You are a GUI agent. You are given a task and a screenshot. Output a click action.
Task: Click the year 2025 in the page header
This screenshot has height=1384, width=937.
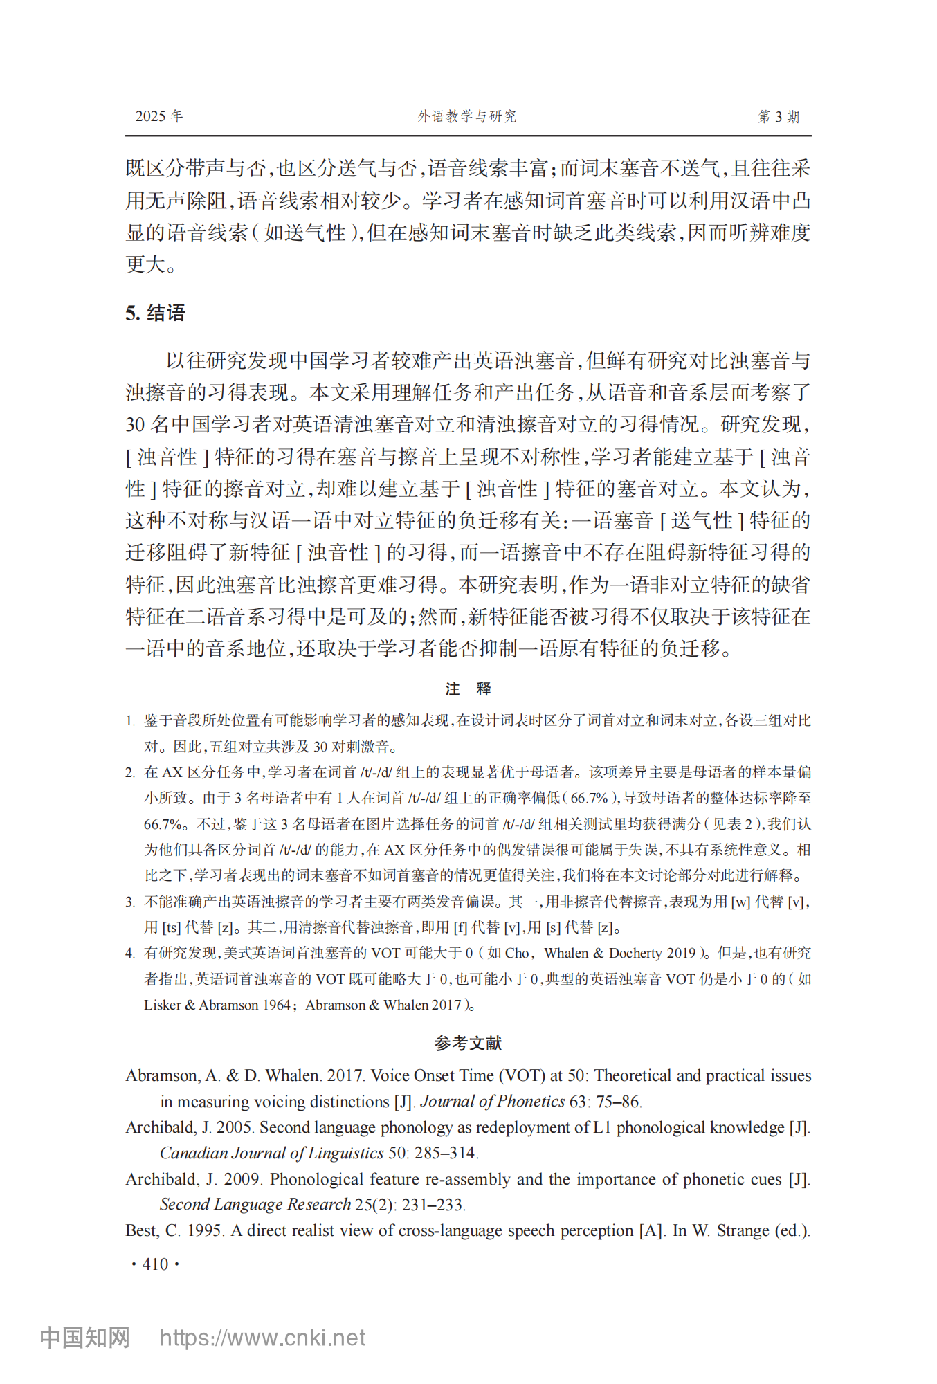coord(150,116)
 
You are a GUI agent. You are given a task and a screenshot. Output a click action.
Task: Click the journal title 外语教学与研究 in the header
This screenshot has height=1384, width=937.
coord(467,116)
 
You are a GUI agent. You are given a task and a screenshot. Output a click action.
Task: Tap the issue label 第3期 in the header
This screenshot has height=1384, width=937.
coord(779,116)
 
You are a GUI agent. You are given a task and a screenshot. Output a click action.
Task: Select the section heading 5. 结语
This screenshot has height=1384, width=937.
coord(155,313)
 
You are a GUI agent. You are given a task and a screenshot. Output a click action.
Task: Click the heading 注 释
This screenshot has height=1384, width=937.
coord(468,689)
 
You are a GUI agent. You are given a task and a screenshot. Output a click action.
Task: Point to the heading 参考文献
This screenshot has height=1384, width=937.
coord(468,1043)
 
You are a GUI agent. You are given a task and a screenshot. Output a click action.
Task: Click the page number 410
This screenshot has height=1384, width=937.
coord(155,1264)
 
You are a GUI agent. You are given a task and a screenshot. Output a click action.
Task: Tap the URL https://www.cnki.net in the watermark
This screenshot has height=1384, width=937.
coord(262,1338)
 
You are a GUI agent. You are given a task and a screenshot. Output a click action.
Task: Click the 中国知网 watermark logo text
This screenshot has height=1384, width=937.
coord(84,1338)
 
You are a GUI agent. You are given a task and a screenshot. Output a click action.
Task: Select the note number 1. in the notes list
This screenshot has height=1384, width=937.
coord(130,721)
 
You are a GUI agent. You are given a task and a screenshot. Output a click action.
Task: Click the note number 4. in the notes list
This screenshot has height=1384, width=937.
coord(130,954)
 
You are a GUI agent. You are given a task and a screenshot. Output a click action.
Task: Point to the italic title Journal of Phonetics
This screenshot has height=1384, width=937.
coord(493,1102)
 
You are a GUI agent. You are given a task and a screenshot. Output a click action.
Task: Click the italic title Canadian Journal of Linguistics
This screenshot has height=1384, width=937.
coord(271,1153)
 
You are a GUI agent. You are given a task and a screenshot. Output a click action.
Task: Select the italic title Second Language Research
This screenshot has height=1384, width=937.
coord(255,1205)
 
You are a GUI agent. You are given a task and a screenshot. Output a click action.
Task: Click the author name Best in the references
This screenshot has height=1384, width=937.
coord(141,1230)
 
